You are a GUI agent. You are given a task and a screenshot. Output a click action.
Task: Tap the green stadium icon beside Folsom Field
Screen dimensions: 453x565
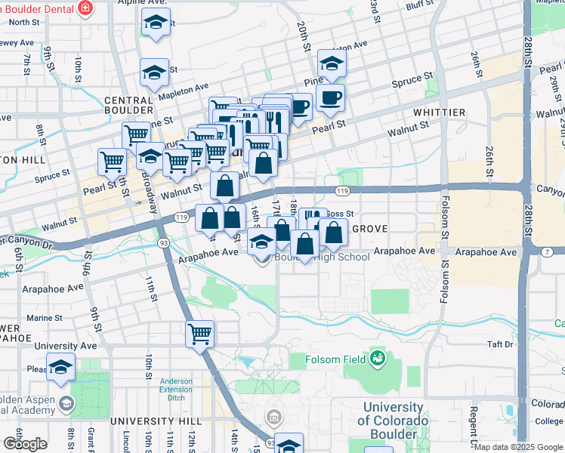pos(376,358)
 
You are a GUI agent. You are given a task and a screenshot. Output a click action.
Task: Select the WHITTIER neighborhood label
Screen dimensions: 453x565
pos(440,112)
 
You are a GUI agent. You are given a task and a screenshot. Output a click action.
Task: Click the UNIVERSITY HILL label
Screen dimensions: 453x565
pos(156,421)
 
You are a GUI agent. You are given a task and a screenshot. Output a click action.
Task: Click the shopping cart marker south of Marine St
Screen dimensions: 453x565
pos(200,333)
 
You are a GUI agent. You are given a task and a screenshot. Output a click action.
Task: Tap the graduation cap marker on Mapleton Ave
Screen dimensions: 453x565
pos(154,73)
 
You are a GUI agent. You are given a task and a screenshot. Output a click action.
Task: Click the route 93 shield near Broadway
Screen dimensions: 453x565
pos(163,243)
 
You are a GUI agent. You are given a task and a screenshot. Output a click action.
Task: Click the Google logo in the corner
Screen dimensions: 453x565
pos(25,444)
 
